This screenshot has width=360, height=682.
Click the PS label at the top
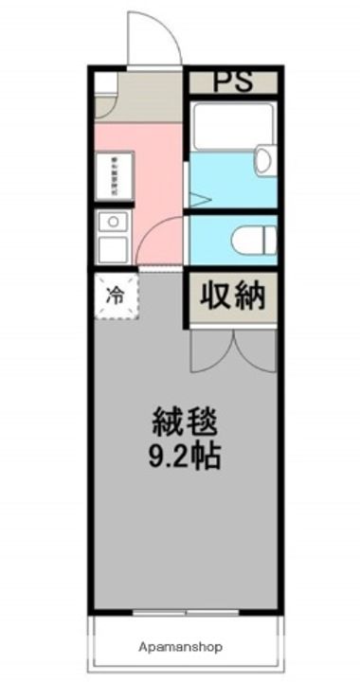[x=232, y=81]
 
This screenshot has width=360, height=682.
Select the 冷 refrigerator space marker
[x=114, y=295]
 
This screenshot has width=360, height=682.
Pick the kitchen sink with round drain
[x=113, y=224]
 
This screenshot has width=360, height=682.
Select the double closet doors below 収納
[x=232, y=352]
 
